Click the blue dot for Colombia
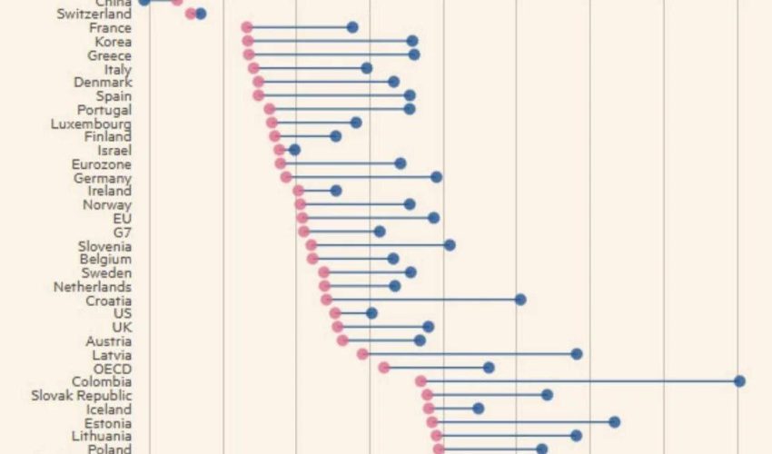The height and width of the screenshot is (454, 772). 740,381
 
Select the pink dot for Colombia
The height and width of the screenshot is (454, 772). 421,381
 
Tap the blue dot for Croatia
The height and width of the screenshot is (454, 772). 520,300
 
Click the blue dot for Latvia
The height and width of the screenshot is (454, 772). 577,354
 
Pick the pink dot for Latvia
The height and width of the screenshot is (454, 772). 362,354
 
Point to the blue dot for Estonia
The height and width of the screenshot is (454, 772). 615,422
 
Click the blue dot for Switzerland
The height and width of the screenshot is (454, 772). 201,14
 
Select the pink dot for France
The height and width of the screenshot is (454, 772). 247,27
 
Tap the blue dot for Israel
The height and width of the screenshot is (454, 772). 294,149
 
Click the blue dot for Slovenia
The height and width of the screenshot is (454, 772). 450,245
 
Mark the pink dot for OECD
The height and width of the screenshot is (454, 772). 384,368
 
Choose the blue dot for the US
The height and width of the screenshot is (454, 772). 371,313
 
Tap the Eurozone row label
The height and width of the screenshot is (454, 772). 101,164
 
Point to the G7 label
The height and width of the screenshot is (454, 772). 122,232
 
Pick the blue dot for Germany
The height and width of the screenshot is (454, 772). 436,177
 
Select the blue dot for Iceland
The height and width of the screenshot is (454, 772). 479,409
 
